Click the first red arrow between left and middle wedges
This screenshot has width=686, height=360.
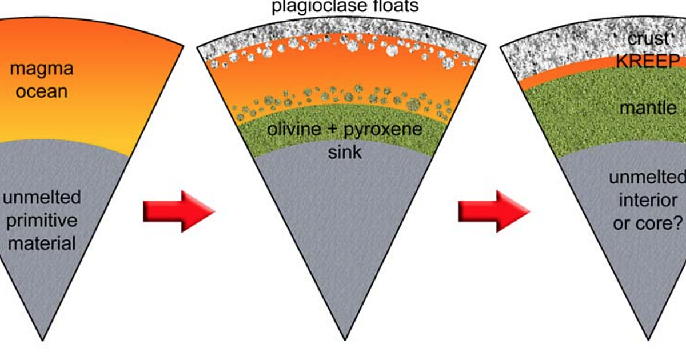click(x=178, y=211)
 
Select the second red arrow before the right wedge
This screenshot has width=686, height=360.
click(x=494, y=211)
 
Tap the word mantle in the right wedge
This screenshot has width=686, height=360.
click(x=647, y=107)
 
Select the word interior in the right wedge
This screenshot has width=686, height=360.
click(x=648, y=201)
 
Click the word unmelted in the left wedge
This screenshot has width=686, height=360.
click(x=42, y=198)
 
